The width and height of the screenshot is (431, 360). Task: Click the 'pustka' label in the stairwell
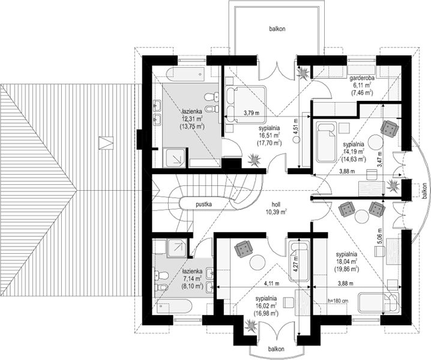[203, 205]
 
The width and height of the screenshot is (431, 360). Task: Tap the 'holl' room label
[277, 205]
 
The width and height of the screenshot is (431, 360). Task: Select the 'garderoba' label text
[361, 79]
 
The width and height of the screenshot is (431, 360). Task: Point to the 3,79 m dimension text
[252, 113]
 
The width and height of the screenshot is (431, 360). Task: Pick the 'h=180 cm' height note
[338, 301]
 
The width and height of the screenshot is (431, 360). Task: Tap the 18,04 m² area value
[346, 262]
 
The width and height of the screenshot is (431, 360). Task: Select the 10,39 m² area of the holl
[277, 211]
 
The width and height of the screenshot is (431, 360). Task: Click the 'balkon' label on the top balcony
[277, 29]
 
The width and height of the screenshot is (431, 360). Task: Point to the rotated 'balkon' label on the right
[425, 191]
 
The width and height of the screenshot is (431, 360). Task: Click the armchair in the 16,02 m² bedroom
[244, 249]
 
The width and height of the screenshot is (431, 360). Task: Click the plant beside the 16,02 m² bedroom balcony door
[251, 326]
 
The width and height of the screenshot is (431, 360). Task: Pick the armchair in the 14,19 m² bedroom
[390, 128]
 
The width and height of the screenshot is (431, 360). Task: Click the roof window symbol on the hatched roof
[106, 143]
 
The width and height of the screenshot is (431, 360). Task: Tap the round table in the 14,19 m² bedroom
[376, 142]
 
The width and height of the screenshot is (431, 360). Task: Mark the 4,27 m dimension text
[296, 264]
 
